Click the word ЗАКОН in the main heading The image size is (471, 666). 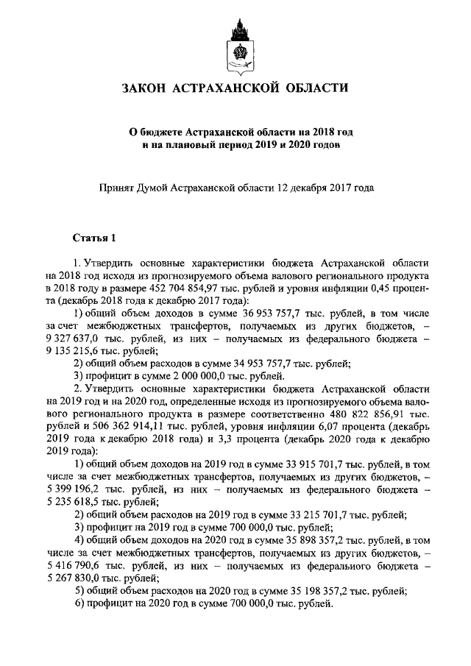pyautogui.click(x=146, y=89)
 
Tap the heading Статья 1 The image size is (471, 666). pyautogui.click(x=94, y=238)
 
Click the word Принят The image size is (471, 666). pyautogui.click(x=118, y=188)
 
